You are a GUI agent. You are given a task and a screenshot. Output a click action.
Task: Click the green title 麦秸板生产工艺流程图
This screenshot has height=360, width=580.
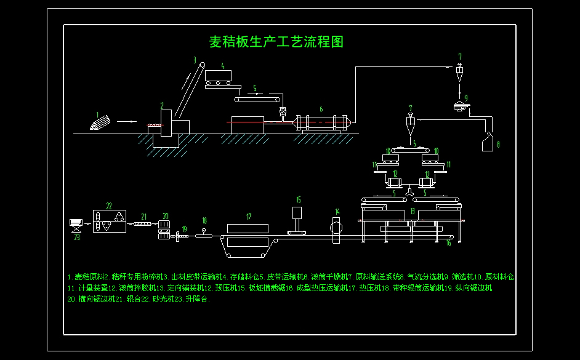[276, 42]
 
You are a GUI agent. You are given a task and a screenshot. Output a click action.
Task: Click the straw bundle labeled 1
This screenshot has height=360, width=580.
[99, 123]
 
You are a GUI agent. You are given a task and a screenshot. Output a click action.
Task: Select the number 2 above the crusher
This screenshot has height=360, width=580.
[162, 106]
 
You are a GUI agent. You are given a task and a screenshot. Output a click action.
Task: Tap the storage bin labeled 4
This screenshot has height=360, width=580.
[219, 77]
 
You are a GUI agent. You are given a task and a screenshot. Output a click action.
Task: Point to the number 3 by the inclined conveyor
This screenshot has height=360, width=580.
[195, 60]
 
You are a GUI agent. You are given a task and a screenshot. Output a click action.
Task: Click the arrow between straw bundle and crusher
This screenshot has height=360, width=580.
[126, 122]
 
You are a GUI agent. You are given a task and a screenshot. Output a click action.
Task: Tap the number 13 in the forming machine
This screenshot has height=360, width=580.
[412, 211]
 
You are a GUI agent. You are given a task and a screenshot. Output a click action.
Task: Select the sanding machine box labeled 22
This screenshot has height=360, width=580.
[109, 221]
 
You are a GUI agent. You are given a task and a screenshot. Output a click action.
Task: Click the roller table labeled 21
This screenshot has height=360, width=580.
[142, 224]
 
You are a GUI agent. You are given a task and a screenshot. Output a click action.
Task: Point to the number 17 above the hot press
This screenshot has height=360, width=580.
[249, 217]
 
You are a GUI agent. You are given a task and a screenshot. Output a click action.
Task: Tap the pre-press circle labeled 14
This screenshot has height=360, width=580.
[336, 226]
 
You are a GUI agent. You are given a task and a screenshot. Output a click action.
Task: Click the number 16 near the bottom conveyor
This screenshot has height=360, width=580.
[448, 244]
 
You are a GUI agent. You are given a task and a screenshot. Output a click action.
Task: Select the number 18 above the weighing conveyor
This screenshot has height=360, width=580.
[204, 220]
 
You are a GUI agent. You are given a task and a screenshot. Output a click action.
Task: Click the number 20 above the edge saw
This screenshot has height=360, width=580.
[165, 216]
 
